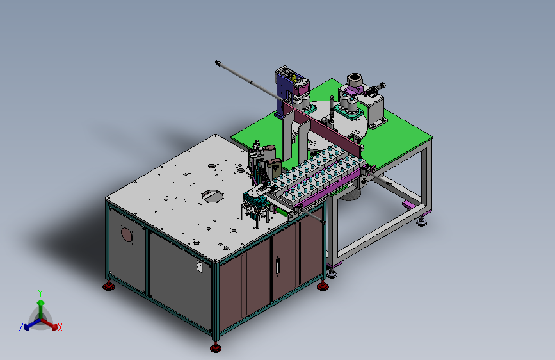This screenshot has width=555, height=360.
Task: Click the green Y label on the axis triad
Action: (x=40, y=293)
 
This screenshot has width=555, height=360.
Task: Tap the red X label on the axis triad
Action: (x=60, y=327)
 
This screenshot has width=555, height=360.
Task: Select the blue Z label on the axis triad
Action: (x=21, y=327)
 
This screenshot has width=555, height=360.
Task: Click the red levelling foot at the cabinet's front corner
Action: (x=216, y=348)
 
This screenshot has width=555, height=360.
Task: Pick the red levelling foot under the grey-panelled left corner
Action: (x=108, y=286)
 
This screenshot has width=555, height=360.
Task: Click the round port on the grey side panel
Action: (x=126, y=234)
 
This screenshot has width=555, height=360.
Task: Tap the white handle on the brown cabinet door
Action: (x=278, y=265)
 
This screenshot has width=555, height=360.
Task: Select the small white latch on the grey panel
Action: (x=199, y=266)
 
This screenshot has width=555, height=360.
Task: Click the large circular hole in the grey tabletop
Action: (x=213, y=196)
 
